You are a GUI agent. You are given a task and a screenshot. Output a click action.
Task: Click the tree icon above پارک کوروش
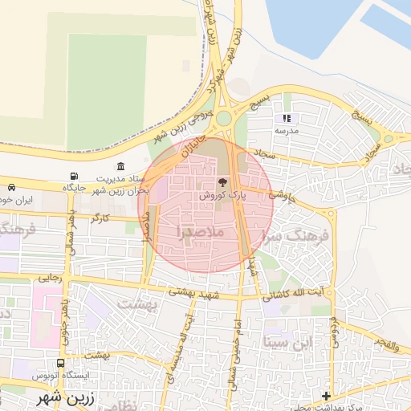222,182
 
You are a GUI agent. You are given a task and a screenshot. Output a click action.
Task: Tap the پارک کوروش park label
222,195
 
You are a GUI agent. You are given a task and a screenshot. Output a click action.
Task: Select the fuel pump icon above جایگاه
75,176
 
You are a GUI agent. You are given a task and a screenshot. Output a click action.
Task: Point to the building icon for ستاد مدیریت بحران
120,165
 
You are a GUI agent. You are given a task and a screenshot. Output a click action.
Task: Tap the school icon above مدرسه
287,118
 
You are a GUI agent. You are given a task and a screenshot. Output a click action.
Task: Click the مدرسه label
287,130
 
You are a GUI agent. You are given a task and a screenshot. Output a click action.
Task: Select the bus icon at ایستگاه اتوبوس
60,363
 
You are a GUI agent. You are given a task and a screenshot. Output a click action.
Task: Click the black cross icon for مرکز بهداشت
326,396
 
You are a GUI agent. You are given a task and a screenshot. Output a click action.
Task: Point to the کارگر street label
100,218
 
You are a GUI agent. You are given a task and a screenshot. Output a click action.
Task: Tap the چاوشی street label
282,193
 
